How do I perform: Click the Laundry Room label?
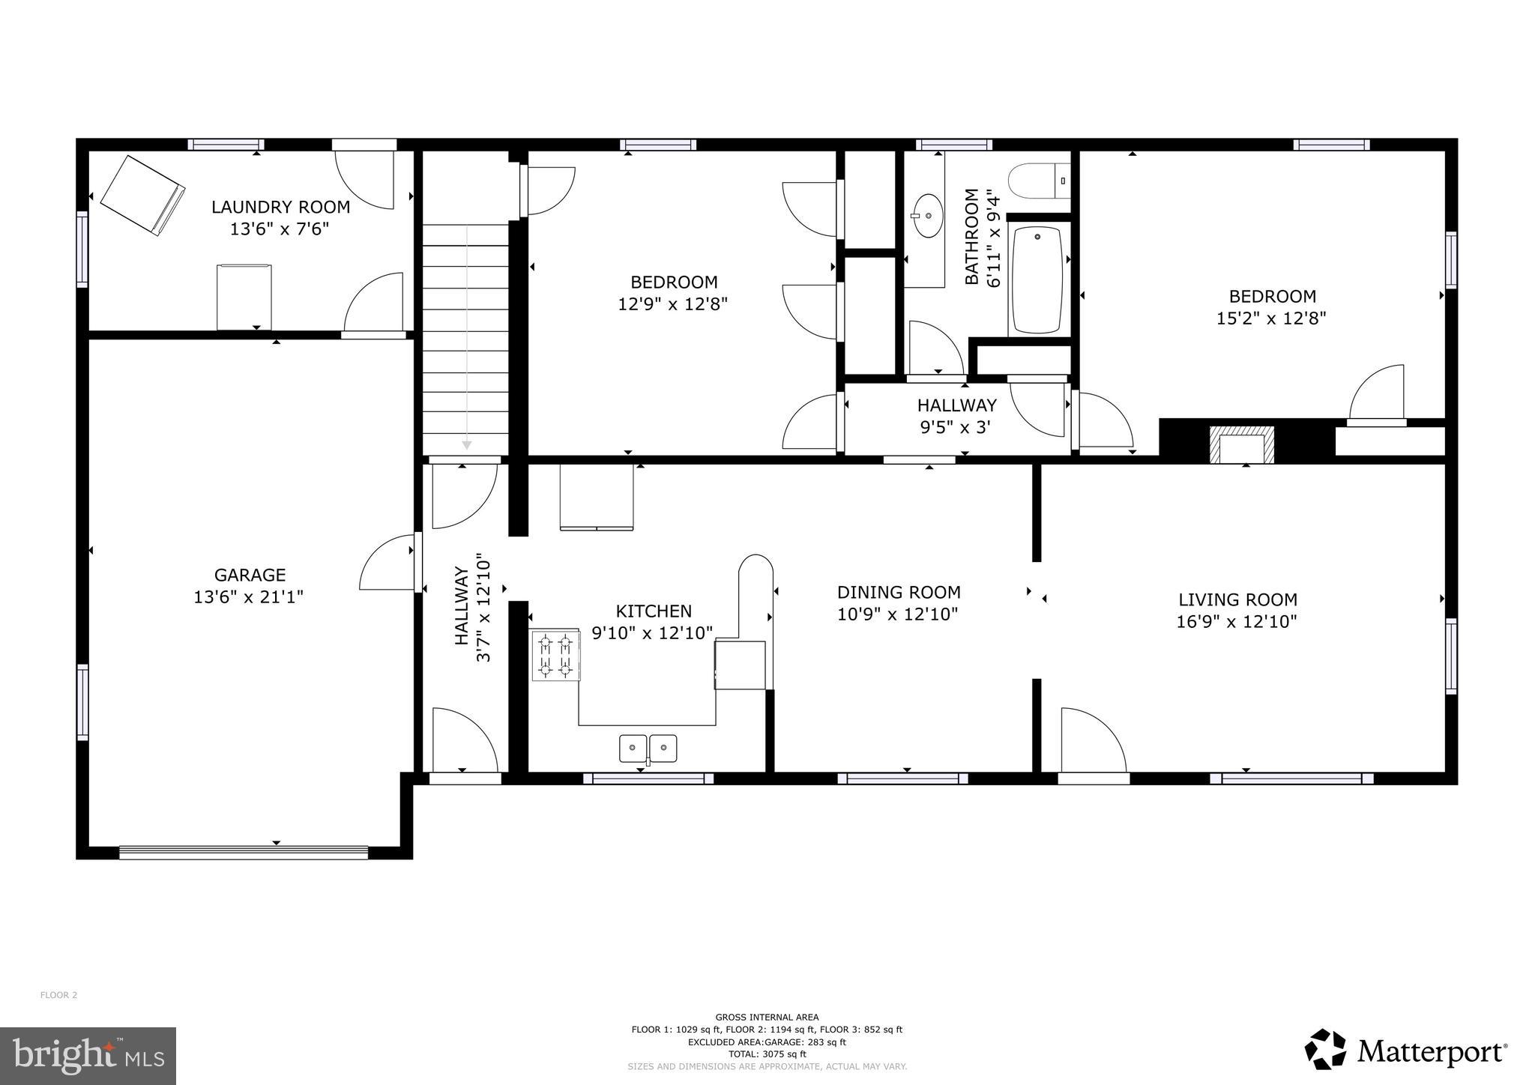point(280,207)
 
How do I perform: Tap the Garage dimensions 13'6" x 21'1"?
point(249,597)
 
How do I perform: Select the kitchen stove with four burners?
point(555,656)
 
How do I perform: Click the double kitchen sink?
point(648,748)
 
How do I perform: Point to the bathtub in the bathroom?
point(1037,279)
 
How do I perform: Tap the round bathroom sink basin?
point(929,215)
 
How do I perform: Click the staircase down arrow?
point(466,444)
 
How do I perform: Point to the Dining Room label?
point(899,593)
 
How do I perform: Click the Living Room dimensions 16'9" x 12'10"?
point(1237,621)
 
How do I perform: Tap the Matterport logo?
point(1406,1052)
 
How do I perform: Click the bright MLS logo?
point(88,1057)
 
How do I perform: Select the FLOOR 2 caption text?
point(58,995)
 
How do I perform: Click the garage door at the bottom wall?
point(244,852)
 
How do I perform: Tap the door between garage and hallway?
point(417,561)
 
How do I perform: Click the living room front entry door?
point(1093,777)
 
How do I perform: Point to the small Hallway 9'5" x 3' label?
point(956,417)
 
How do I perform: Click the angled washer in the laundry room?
point(142,196)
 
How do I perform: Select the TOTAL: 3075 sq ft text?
point(767,1054)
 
